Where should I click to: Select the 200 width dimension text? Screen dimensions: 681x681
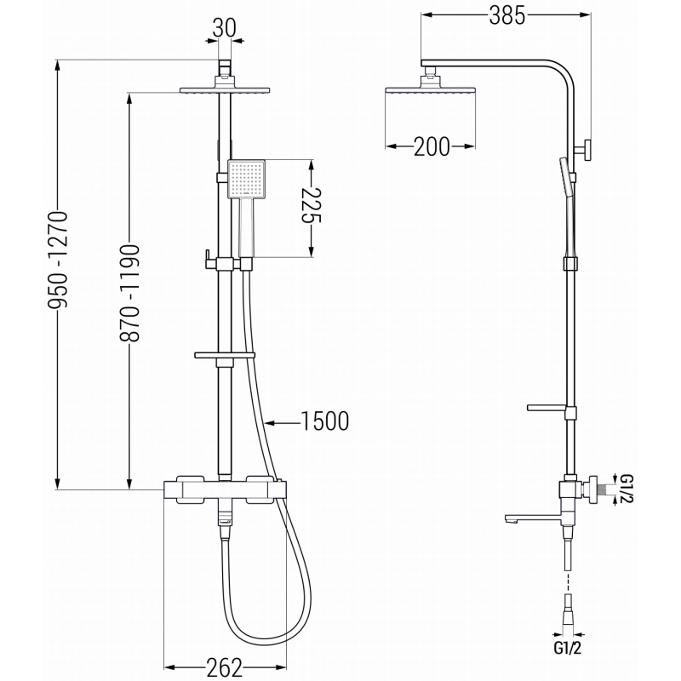pos(432,147)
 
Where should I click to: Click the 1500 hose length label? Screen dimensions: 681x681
pos(325,421)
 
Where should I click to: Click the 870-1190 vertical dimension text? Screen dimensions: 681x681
pos(130,294)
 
